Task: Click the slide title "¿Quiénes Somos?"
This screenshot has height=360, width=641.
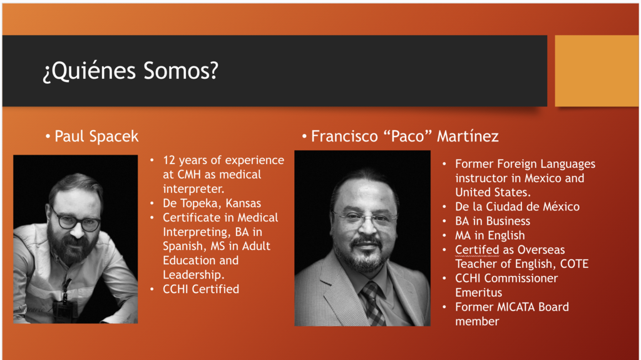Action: pos(130,71)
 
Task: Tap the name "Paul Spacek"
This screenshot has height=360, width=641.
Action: pos(96,136)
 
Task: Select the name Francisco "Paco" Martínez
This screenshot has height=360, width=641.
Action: pos(404,136)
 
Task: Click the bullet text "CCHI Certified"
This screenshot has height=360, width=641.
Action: pos(201,289)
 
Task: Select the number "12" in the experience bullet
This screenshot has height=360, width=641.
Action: pos(170,160)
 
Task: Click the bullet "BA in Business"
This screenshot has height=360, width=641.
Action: pos(493,221)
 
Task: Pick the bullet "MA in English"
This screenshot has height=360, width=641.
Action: pos(490,235)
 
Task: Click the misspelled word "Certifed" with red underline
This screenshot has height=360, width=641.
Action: pos(477,250)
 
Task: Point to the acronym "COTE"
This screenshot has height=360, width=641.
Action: pos(574,264)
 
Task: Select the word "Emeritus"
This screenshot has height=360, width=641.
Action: pos(478,292)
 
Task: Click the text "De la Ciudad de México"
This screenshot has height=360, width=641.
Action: pos(517,207)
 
